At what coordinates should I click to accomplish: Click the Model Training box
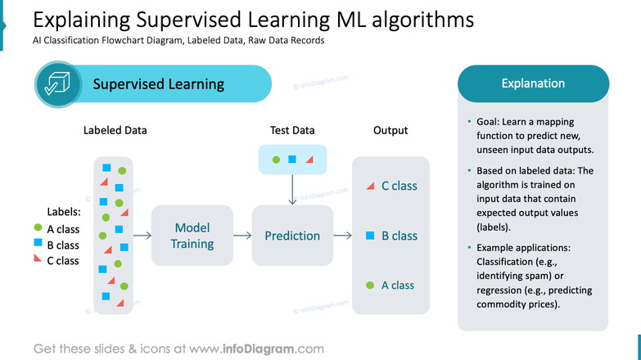click(x=192, y=236)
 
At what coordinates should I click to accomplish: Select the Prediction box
click(x=292, y=236)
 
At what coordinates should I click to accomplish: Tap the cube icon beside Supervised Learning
click(x=57, y=84)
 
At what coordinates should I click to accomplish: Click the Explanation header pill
click(x=533, y=83)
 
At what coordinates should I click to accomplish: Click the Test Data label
click(x=292, y=130)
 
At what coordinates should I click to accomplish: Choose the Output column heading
click(x=390, y=130)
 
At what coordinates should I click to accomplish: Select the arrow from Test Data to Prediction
click(x=292, y=189)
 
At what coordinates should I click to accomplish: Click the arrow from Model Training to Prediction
click(x=242, y=236)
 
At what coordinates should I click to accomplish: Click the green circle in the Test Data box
click(x=276, y=160)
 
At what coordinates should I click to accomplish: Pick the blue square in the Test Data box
click(x=292, y=160)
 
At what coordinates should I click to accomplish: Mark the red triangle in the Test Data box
click(x=309, y=160)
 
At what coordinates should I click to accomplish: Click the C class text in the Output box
click(x=399, y=186)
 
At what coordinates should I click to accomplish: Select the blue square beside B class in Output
click(x=370, y=236)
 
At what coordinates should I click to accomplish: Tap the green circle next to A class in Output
click(x=370, y=286)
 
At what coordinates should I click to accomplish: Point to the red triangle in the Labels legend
click(x=38, y=259)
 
